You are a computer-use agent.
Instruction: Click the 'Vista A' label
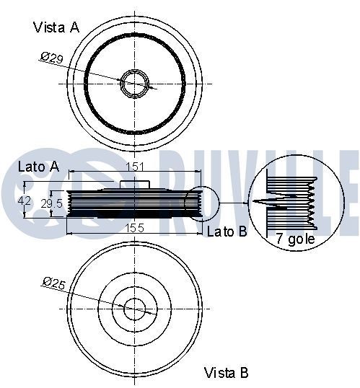pos(56,27)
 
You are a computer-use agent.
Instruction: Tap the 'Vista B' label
pos(226,372)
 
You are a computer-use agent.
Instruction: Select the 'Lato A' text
pos(38,167)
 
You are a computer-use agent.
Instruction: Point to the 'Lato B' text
pos(227,232)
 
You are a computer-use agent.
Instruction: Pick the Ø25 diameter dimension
pos(54,283)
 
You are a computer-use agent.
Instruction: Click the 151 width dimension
pos(133,167)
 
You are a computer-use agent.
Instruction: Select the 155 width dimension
pos(131,228)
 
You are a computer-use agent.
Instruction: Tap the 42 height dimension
pos(25,201)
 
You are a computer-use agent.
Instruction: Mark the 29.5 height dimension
pos(51,203)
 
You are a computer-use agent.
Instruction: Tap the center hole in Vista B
pos(133,309)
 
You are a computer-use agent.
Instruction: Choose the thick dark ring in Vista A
pos(87,83)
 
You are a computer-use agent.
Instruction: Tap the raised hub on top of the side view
pos(133,189)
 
